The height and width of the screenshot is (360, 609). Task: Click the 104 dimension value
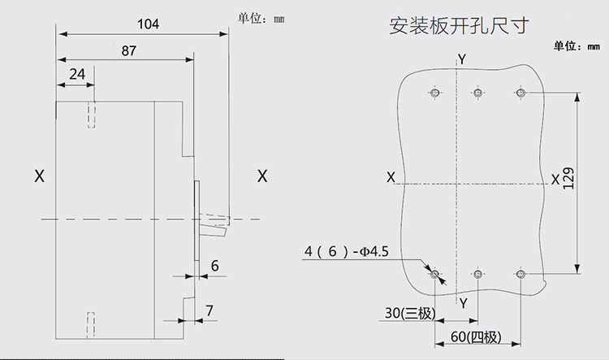(148, 24)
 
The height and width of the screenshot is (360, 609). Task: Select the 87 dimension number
(129, 50)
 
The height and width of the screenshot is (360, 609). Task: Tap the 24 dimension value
(77, 74)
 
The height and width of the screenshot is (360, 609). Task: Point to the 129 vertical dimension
(568, 179)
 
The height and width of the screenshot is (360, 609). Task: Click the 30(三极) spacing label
(410, 313)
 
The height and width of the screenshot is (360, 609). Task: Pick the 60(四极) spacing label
(476, 336)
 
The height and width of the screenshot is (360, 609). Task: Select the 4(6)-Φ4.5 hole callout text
(347, 252)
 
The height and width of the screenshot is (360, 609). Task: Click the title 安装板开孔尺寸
(459, 26)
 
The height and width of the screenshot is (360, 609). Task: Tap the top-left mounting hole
(435, 93)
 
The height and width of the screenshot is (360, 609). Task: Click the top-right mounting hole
(520, 93)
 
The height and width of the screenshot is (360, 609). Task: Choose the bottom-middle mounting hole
(477, 274)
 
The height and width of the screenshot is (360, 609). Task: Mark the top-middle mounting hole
(477, 93)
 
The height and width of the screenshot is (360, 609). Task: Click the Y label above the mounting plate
(461, 59)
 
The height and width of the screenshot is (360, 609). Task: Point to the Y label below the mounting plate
(464, 303)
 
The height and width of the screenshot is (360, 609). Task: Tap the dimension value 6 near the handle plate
(215, 266)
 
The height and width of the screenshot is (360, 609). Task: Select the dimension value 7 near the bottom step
(209, 310)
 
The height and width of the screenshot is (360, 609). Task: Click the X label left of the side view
(40, 176)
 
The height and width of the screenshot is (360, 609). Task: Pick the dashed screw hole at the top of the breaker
(91, 115)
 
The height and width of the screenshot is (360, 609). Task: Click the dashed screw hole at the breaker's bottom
(90, 325)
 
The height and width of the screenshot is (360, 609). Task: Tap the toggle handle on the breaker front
(214, 225)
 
